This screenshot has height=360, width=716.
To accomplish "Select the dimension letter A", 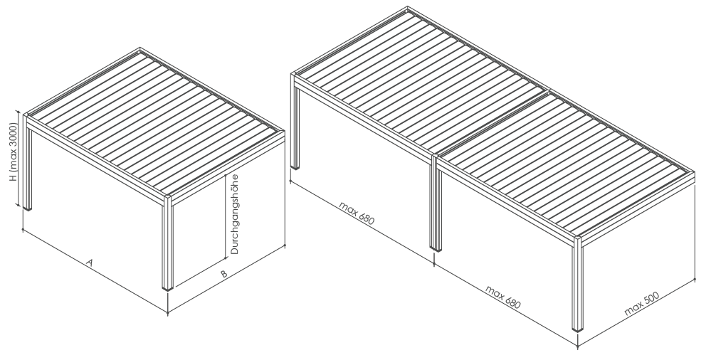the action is point(90,263).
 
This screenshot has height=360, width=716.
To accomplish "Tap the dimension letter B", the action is point(223,274).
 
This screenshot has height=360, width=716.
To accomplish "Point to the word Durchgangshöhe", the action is point(234,214).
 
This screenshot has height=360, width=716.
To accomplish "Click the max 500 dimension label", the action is point(642,303).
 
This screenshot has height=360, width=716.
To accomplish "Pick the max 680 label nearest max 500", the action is point(502,297).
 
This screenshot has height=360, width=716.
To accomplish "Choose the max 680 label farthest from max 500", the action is point(357,213).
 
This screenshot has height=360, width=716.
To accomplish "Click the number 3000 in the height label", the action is point(14,134).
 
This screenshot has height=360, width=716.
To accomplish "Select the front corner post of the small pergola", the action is point(167,243).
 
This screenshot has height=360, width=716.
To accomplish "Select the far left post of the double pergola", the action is point(295,122).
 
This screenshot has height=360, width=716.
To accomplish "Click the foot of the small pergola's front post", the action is point(168,288).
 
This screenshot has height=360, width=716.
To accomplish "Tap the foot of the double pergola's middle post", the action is point(436,249).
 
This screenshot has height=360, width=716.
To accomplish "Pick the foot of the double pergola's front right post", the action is point(578,329).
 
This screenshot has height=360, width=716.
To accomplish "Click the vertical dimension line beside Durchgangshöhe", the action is point(226,217).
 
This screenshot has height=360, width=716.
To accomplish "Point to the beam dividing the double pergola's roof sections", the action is point(491,123).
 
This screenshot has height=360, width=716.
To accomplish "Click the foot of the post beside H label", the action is point(28,208).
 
